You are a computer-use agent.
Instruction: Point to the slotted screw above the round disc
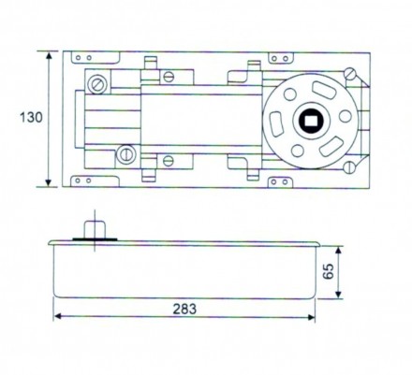[x=349, y=73]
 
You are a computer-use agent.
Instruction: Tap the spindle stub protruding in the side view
[x=94, y=227]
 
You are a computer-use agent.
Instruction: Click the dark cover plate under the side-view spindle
[x=98, y=239]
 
